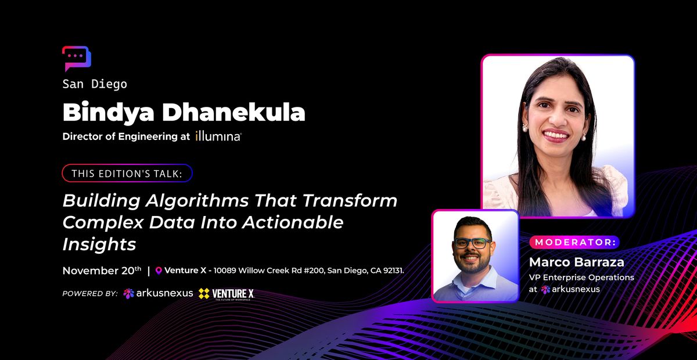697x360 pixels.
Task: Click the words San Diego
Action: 95,84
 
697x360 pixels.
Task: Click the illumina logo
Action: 218,137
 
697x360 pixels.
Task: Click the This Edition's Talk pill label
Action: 127,173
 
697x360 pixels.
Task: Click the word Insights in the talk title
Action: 99,244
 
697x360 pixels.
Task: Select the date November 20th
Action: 102,271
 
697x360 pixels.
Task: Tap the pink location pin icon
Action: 159,271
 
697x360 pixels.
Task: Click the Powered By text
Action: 90,294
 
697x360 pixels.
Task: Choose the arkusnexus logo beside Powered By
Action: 158,293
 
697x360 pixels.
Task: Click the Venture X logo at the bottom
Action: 226,294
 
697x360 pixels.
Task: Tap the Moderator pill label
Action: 574,242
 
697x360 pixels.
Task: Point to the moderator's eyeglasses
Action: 472,243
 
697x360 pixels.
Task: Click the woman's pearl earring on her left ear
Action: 584,136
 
